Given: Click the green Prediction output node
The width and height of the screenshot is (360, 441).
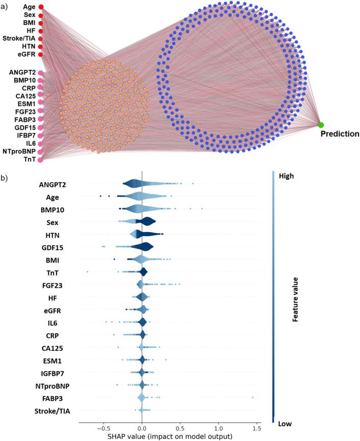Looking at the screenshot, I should click(x=321, y=125).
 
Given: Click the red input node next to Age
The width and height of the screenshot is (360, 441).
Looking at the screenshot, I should click(x=41, y=7).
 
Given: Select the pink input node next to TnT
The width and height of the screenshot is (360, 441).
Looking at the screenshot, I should click(x=40, y=159).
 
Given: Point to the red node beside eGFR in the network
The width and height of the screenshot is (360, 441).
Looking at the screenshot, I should click(x=41, y=54).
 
